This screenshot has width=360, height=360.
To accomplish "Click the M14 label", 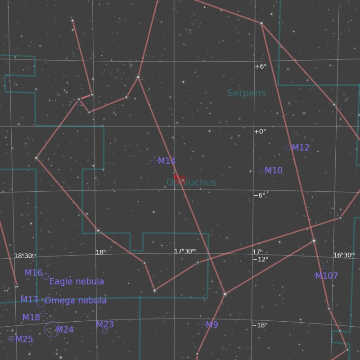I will coord(166,161).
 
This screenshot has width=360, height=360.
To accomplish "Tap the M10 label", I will coord(274,171).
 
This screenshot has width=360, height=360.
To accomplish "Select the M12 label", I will coord(301,148).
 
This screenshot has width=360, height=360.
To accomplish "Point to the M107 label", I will coord(326,276).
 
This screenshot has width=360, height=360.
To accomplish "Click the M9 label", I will coord(211,325).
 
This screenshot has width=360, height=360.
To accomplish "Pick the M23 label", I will coord(105,324).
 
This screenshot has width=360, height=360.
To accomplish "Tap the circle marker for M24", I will coord(52,329).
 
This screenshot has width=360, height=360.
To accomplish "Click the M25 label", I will coord(24,339).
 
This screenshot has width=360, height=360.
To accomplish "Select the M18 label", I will coord(31,317).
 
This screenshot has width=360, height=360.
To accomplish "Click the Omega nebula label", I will coord(76,301).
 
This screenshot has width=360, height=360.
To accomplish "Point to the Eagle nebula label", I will coord(76,282).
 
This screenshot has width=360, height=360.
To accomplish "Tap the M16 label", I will coord(34,273).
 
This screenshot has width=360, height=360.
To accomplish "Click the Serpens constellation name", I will coord(246,94).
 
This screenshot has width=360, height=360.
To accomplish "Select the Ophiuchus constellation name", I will coord(191,183).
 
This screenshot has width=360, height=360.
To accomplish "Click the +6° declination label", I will coord(261,67).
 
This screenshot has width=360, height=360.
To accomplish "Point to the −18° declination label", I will coord(261,325).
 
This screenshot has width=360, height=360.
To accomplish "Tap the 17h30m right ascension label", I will coord(185,252).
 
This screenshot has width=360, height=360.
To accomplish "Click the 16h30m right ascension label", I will coord(344,255).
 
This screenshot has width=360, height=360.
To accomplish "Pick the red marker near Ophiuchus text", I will coord(180,179).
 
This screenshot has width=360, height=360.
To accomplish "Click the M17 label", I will coord(29,300).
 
